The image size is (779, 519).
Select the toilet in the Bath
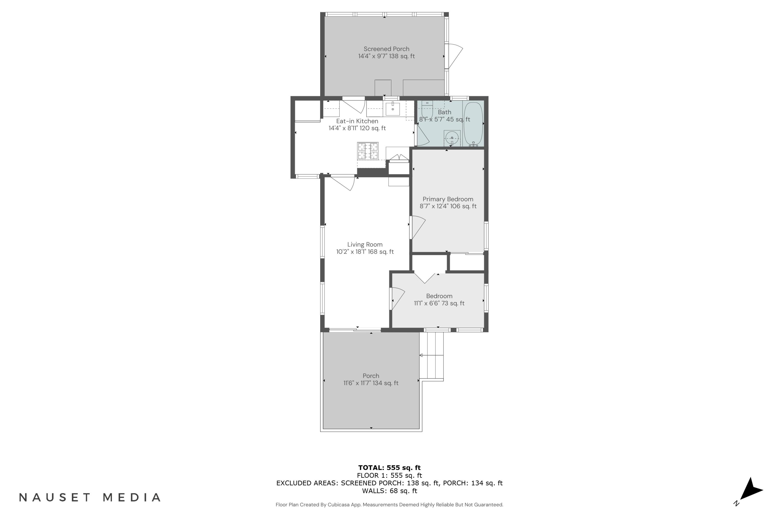click(x=427, y=110)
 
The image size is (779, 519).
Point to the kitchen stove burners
click(x=368, y=151)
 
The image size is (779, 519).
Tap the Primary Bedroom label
click(x=447, y=199)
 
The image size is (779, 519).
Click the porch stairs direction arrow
click(x=421, y=355)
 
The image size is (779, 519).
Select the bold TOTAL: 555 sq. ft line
click(x=389, y=468)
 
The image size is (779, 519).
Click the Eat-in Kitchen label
click(x=357, y=121)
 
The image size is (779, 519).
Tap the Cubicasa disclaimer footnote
click(x=389, y=505)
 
